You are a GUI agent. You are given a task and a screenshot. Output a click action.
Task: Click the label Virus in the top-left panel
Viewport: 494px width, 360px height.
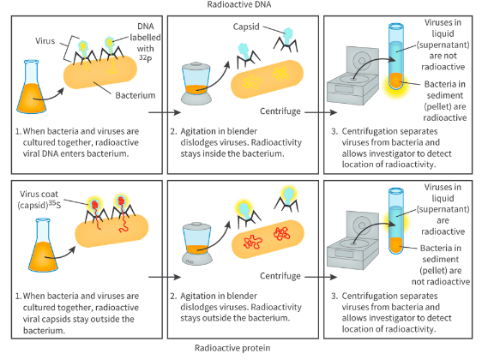point(49,39)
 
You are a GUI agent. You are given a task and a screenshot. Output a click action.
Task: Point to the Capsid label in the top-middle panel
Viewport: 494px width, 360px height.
point(246,27)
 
